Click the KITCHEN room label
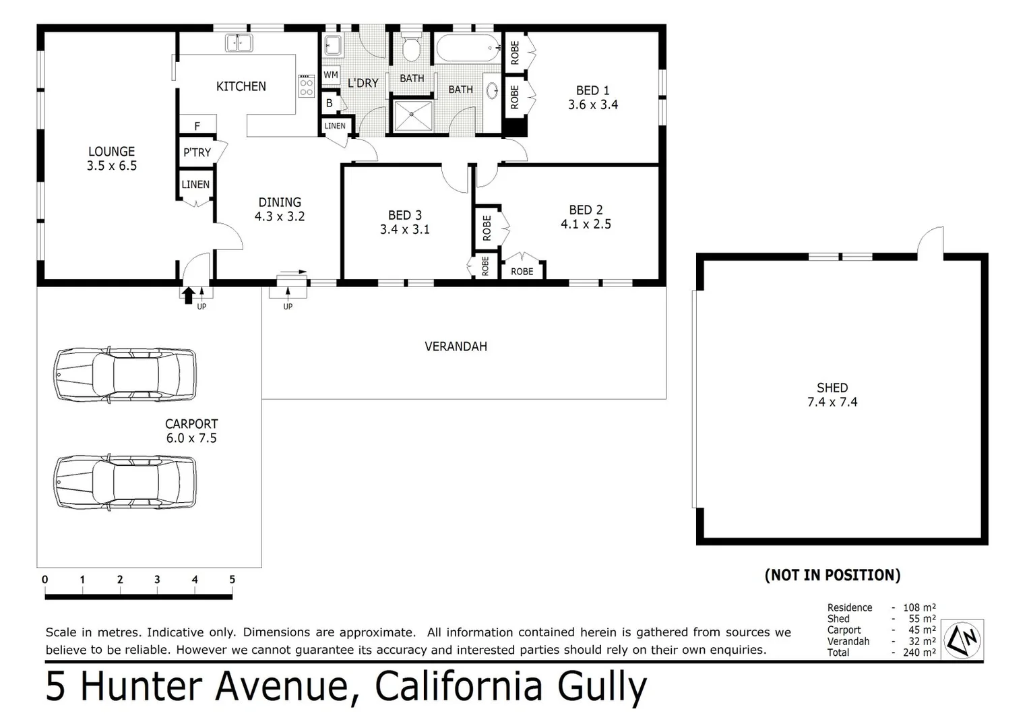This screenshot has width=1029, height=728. [241, 86]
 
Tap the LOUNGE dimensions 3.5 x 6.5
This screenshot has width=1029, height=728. [111, 166]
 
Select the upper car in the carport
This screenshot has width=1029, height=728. [125, 374]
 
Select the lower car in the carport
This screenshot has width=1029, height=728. [125, 481]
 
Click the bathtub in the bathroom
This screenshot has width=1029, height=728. [468, 49]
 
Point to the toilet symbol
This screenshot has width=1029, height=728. [411, 47]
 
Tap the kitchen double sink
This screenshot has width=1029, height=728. [239, 43]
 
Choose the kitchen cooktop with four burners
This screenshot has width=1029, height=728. [306, 86]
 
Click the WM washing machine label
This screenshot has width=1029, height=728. [330, 75]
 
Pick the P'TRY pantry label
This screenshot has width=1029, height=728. [197, 152]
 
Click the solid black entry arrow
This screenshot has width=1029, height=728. [189, 295]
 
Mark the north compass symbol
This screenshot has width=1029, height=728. [962, 639]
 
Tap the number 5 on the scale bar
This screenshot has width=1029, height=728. [232, 580]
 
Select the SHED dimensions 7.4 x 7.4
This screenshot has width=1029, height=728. [832, 402]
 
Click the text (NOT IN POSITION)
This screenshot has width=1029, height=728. [832, 575]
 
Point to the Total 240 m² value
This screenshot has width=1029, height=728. [918, 653]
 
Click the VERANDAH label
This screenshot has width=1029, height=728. [456, 346]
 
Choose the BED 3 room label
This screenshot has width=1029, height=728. [404, 215]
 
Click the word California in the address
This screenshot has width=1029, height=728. [459, 687]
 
